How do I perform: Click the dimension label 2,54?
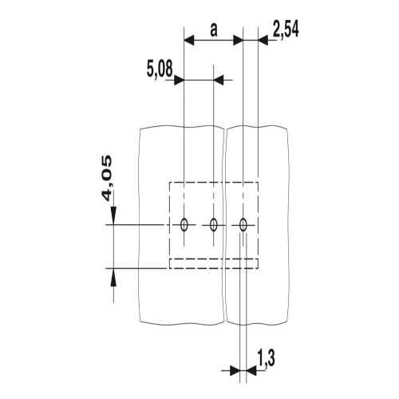point(286,30)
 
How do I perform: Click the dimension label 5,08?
point(160,69)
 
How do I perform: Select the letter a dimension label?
point(214,30)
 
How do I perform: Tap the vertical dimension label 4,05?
point(107,179)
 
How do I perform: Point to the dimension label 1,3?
point(266,358)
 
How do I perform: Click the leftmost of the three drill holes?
point(184,225)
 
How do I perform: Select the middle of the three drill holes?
point(213,225)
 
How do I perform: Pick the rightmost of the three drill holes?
point(243,225)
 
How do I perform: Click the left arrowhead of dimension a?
point(189,41)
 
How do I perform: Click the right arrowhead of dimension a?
point(238,41)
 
